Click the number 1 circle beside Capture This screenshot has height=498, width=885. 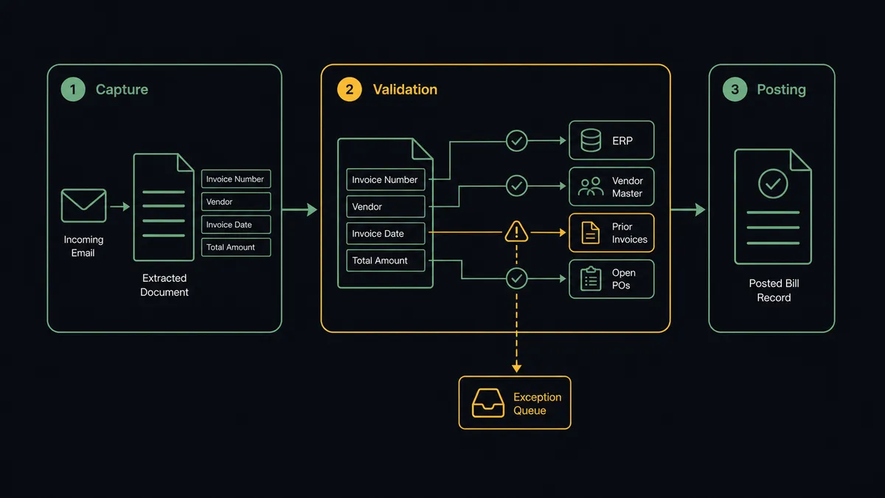pos(73,89)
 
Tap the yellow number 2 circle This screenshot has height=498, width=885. pos(350,89)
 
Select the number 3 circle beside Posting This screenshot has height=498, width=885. pos(735,89)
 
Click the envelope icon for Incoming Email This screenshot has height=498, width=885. pos(84,206)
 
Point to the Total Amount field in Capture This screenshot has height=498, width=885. pos(236,247)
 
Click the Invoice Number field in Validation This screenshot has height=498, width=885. pos(386,180)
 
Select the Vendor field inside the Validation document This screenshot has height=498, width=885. pos(386,207)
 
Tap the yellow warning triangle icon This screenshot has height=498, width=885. pos(516,232)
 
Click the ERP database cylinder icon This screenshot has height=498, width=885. pos(591,140)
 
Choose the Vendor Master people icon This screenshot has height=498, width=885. pos(591,187)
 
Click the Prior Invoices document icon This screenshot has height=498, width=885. pos(591,233)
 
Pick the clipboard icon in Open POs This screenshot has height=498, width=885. pos(591,279)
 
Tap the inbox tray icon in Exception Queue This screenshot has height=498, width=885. pos(488,403)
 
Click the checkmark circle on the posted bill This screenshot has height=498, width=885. pos(773,184)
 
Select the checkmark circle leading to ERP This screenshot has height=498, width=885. pos(516,141)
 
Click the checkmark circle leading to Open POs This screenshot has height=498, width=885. pos(516,279)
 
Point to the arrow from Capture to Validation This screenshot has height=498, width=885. pos(300,210)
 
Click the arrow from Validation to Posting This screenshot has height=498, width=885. pos(688,210)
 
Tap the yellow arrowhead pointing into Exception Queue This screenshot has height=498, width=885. pos(516,368)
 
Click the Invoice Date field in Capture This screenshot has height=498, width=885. pos(236,224)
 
